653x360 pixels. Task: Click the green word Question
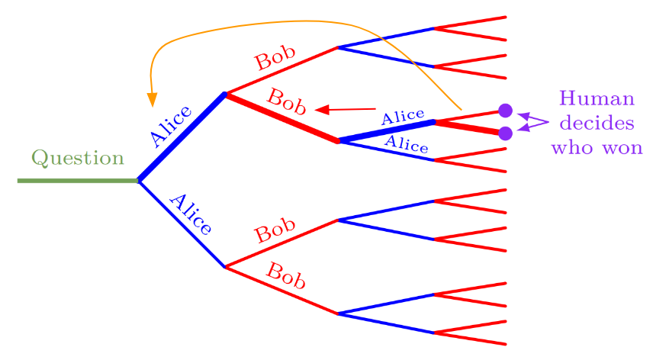(x=77, y=159)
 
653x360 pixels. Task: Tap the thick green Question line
(x=77, y=181)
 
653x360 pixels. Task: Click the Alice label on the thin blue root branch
(x=190, y=214)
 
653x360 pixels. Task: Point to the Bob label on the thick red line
(x=287, y=101)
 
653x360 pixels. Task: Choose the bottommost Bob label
(x=285, y=275)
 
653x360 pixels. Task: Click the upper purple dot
(x=504, y=110)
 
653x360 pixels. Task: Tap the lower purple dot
(x=504, y=133)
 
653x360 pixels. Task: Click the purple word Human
(x=596, y=98)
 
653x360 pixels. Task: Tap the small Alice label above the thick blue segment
(x=402, y=117)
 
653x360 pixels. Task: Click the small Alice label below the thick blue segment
(x=406, y=144)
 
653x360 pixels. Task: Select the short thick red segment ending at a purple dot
(x=468, y=127)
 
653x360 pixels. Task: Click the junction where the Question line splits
(x=138, y=181)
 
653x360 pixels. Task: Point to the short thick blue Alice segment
(x=386, y=131)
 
